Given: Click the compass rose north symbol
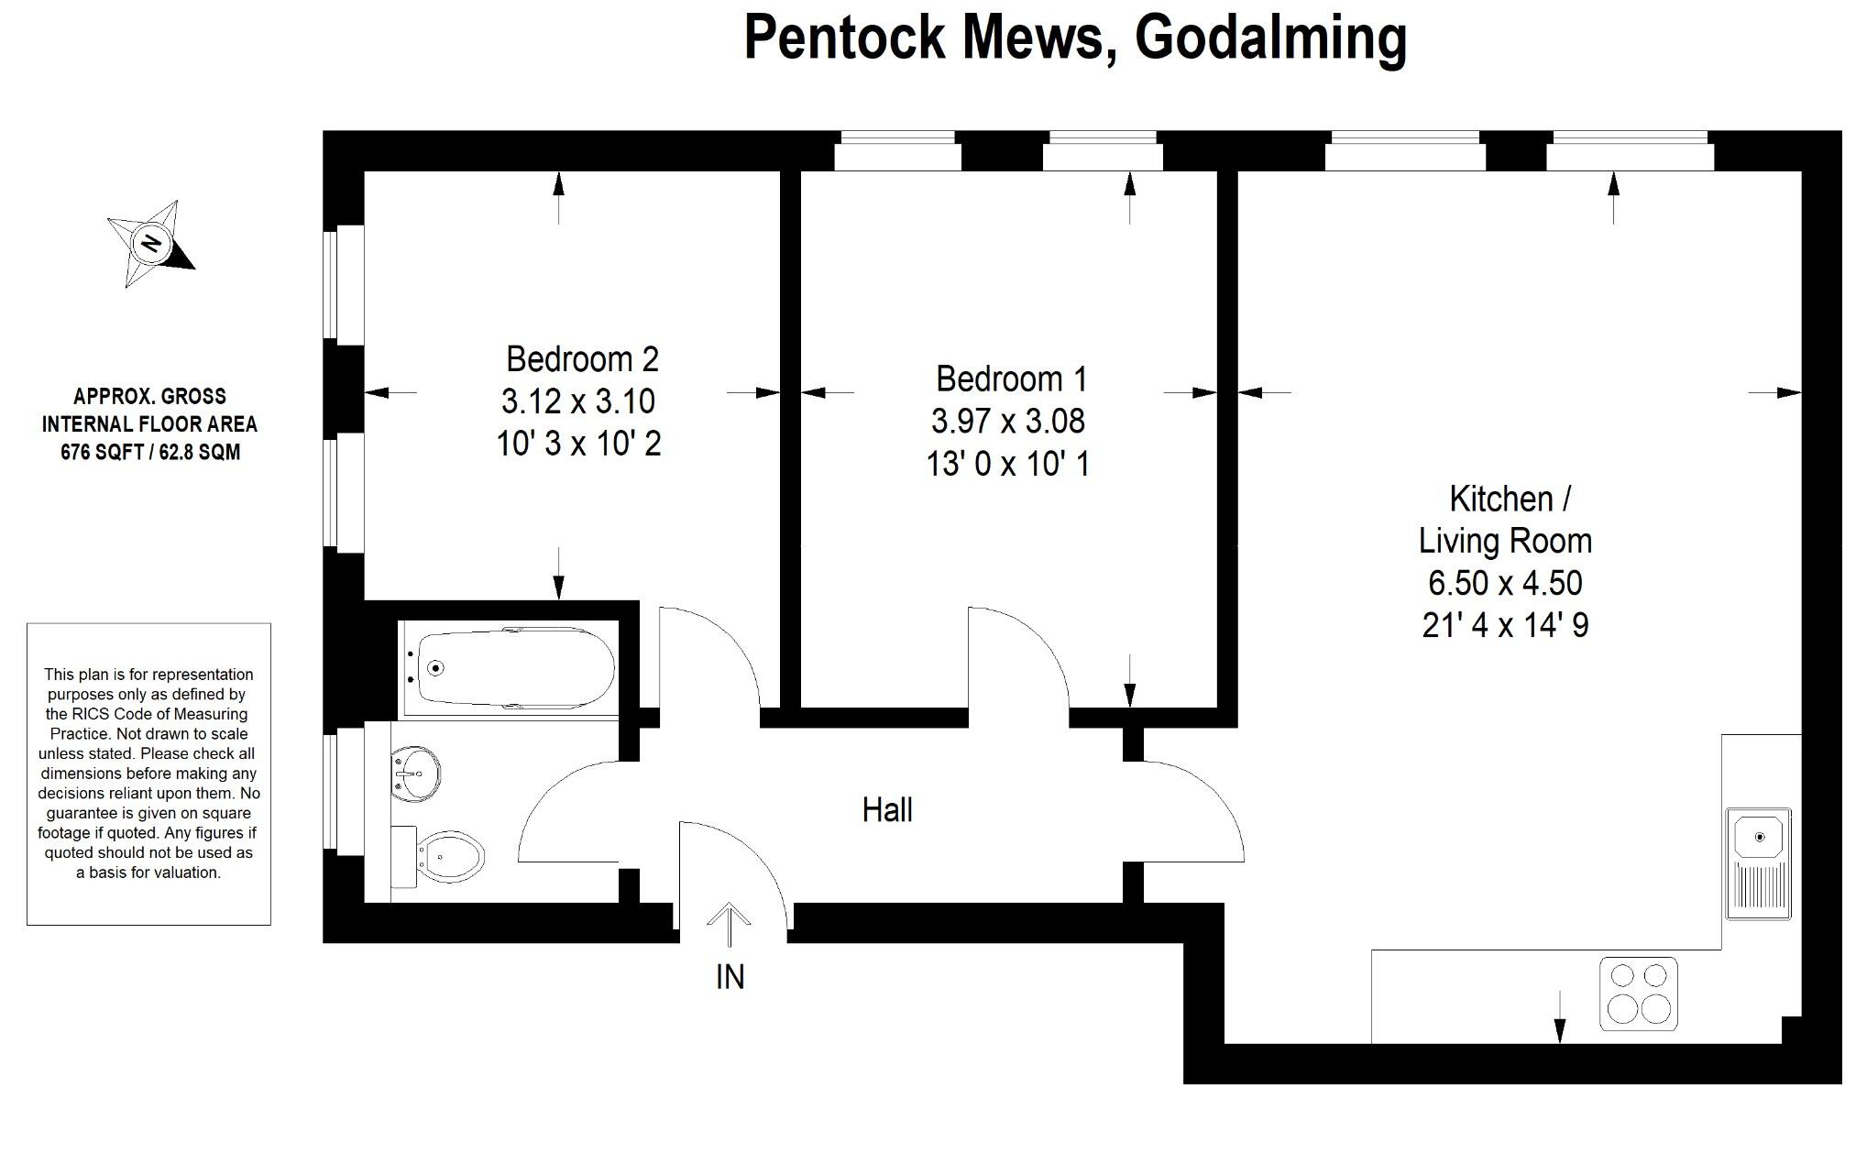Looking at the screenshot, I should pos(151,244).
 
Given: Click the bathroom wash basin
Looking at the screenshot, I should pos(414,774).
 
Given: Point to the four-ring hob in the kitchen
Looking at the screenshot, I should pos(1639,993).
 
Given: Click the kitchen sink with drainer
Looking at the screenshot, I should pos(1758,862).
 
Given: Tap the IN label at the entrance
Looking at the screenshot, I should pos(730,977).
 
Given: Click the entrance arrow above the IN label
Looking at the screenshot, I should pos(730,924).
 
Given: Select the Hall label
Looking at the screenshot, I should pos(887,810).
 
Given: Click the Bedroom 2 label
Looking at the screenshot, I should pos(582,359).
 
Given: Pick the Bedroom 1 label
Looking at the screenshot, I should pos(1011,379).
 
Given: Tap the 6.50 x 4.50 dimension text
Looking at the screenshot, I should pos(1505,583).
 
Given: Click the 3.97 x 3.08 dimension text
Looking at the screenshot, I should pos(1007,422).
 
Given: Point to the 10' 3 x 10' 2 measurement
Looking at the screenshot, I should pos(578,445).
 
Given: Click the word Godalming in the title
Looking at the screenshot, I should pos(1270,38).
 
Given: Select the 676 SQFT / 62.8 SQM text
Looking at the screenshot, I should pos(150,452).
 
